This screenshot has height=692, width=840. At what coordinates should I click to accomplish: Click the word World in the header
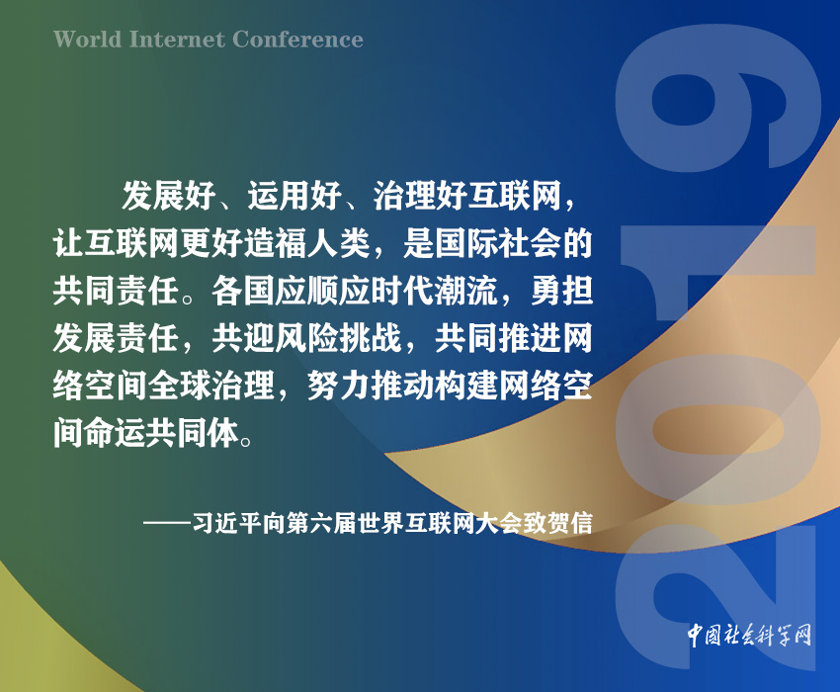[88, 40]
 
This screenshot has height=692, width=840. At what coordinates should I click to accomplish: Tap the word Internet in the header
[177, 40]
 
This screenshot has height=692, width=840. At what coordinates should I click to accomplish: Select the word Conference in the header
[297, 40]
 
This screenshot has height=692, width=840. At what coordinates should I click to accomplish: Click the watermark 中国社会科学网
[749, 636]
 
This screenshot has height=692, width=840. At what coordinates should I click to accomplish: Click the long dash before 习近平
[167, 524]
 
